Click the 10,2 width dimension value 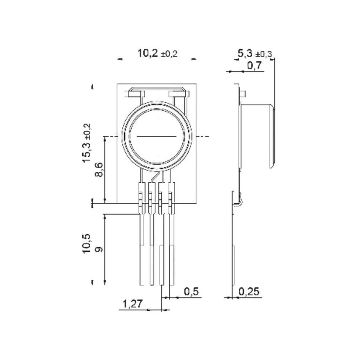pos(148,54)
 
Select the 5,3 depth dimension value pos(244,54)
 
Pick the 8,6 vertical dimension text pos(99,170)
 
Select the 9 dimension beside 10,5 pos(99,248)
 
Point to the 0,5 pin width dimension pos(191,291)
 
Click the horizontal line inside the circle pos(157,137)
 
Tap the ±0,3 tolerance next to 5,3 pos(264,54)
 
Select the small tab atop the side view pos(242,94)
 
